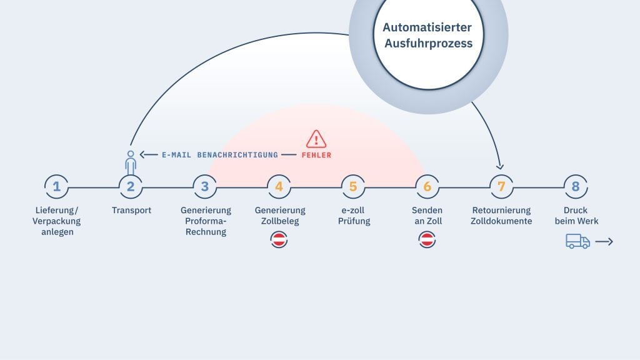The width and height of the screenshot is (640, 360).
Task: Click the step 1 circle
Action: (57, 186)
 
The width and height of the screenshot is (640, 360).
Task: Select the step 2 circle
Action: (131, 186)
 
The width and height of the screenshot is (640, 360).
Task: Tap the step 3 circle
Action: (205, 186)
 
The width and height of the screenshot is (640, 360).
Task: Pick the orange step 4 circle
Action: (279, 186)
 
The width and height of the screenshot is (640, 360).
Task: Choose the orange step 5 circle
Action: (353, 186)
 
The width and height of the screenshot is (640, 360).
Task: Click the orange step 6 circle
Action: (427, 186)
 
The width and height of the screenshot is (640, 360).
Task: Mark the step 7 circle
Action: (501, 186)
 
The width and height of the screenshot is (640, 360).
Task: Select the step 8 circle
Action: (575, 186)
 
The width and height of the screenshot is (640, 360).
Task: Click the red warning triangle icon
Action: (316, 139)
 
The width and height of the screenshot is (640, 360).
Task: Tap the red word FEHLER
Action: (316, 155)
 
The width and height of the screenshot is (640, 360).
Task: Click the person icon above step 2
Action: (131, 161)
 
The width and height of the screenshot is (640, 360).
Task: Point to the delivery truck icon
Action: (577, 241)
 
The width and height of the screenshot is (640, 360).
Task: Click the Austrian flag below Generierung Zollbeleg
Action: (279, 239)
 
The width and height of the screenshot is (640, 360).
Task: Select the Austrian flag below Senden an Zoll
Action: (427, 239)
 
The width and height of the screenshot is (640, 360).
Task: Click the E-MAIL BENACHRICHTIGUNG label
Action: (219, 155)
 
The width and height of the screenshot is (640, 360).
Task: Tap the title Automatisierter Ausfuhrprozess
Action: (427, 36)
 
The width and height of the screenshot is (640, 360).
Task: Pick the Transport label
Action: (131, 211)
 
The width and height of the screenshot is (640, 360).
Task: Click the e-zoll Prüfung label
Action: (353, 216)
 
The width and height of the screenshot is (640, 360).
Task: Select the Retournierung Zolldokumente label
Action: (501, 216)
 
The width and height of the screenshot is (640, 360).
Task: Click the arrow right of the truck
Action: (604, 241)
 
